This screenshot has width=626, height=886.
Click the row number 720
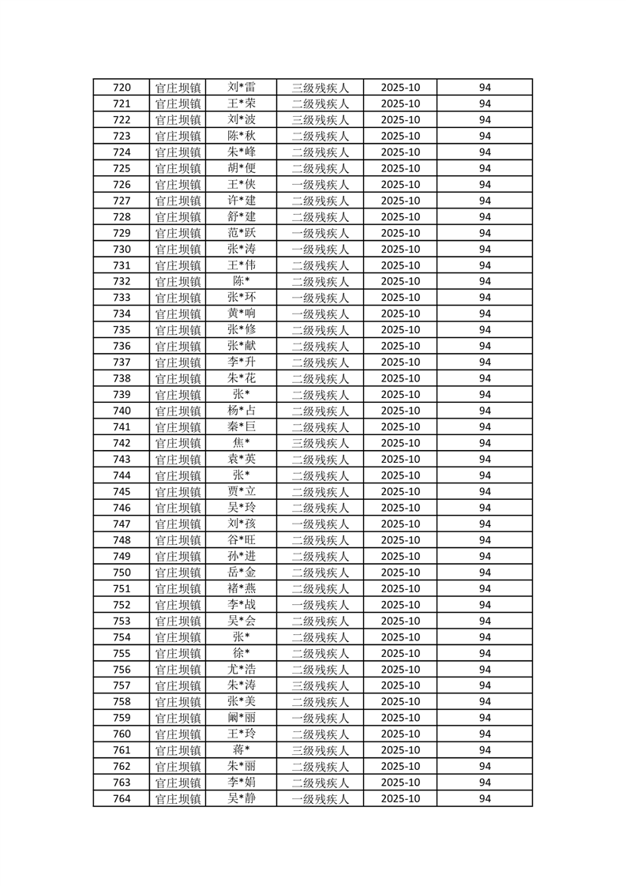coord(122,88)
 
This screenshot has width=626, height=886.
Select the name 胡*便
coord(242,168)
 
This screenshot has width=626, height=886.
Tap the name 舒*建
coord(242,217)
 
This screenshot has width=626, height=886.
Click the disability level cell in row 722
coord(320,120)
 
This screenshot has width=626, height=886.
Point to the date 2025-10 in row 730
coord(400,250)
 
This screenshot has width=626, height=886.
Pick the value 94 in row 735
coord(485,330)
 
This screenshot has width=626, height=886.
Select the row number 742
coord(122,443)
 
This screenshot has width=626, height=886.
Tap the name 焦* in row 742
coord(242,443)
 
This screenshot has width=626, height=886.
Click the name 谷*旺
coord(242,540)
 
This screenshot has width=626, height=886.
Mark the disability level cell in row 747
coord(320,524)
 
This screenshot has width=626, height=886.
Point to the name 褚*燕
coord(242,588)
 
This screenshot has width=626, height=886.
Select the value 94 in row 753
coord(485,621)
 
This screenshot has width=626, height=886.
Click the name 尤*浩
coord(242,670)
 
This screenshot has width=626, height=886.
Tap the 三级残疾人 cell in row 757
coord(320,685)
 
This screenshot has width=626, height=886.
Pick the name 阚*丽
coord(242,718)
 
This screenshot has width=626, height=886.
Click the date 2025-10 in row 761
coord(400,750)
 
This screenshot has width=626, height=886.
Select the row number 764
coord(122,798)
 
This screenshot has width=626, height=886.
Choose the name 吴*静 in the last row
coord(242,798)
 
